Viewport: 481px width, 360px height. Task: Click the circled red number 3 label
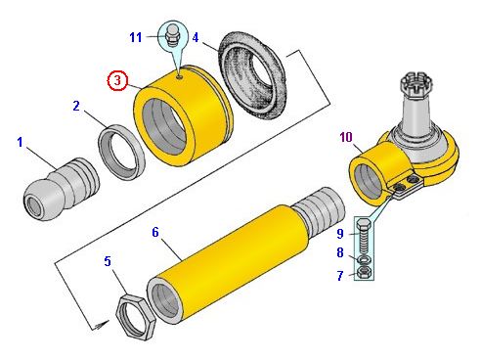tap(117, 80)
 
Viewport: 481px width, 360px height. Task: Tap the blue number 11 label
tap(136, 37)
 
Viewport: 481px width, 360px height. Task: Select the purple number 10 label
tap(346, 137)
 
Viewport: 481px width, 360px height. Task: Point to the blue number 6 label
tap(155, 232)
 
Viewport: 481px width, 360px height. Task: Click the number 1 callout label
tap(20, 142)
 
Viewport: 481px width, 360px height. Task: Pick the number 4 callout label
tap(196, 37)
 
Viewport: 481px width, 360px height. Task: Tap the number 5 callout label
tap(108, 261)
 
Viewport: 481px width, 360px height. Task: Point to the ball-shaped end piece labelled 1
tap(62, 189)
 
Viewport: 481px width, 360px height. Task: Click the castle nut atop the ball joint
tap(417, 83)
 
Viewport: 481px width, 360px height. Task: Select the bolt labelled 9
tap(364, 237)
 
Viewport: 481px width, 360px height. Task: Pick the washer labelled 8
tap(364, 260)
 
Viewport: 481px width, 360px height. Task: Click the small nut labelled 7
tap(364, 272)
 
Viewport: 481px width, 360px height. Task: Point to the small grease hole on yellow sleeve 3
tap(180, 77)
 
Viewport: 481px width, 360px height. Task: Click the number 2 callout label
tap(76, 106)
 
